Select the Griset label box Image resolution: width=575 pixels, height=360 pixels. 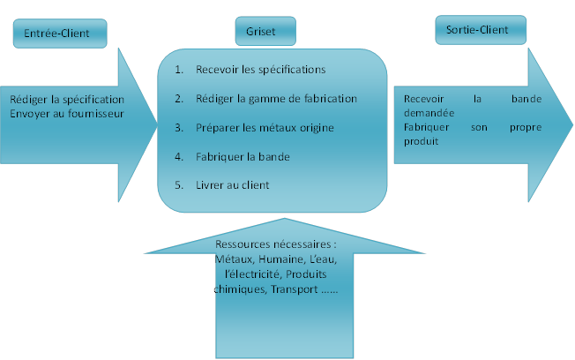pos(265,31)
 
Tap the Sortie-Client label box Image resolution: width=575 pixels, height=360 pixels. pos(480,30)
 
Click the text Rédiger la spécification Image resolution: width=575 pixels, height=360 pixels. pos(67,99)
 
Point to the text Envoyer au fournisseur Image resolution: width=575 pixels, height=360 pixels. pos(67,113)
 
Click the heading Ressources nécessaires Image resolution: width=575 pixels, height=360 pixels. pos(276,244)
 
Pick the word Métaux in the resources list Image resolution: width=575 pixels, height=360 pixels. pos(231,259)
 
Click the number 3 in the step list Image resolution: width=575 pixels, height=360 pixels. pos(179,128)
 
